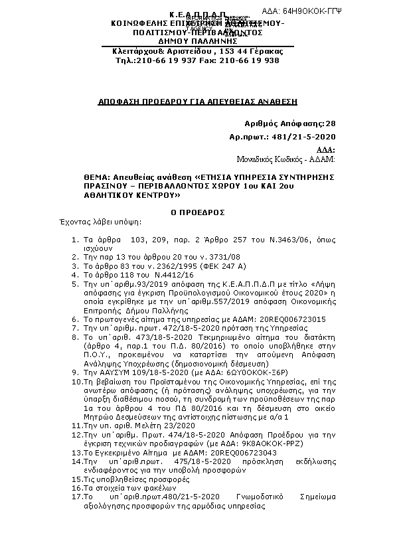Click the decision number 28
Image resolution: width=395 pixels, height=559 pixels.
click(331, 123)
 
